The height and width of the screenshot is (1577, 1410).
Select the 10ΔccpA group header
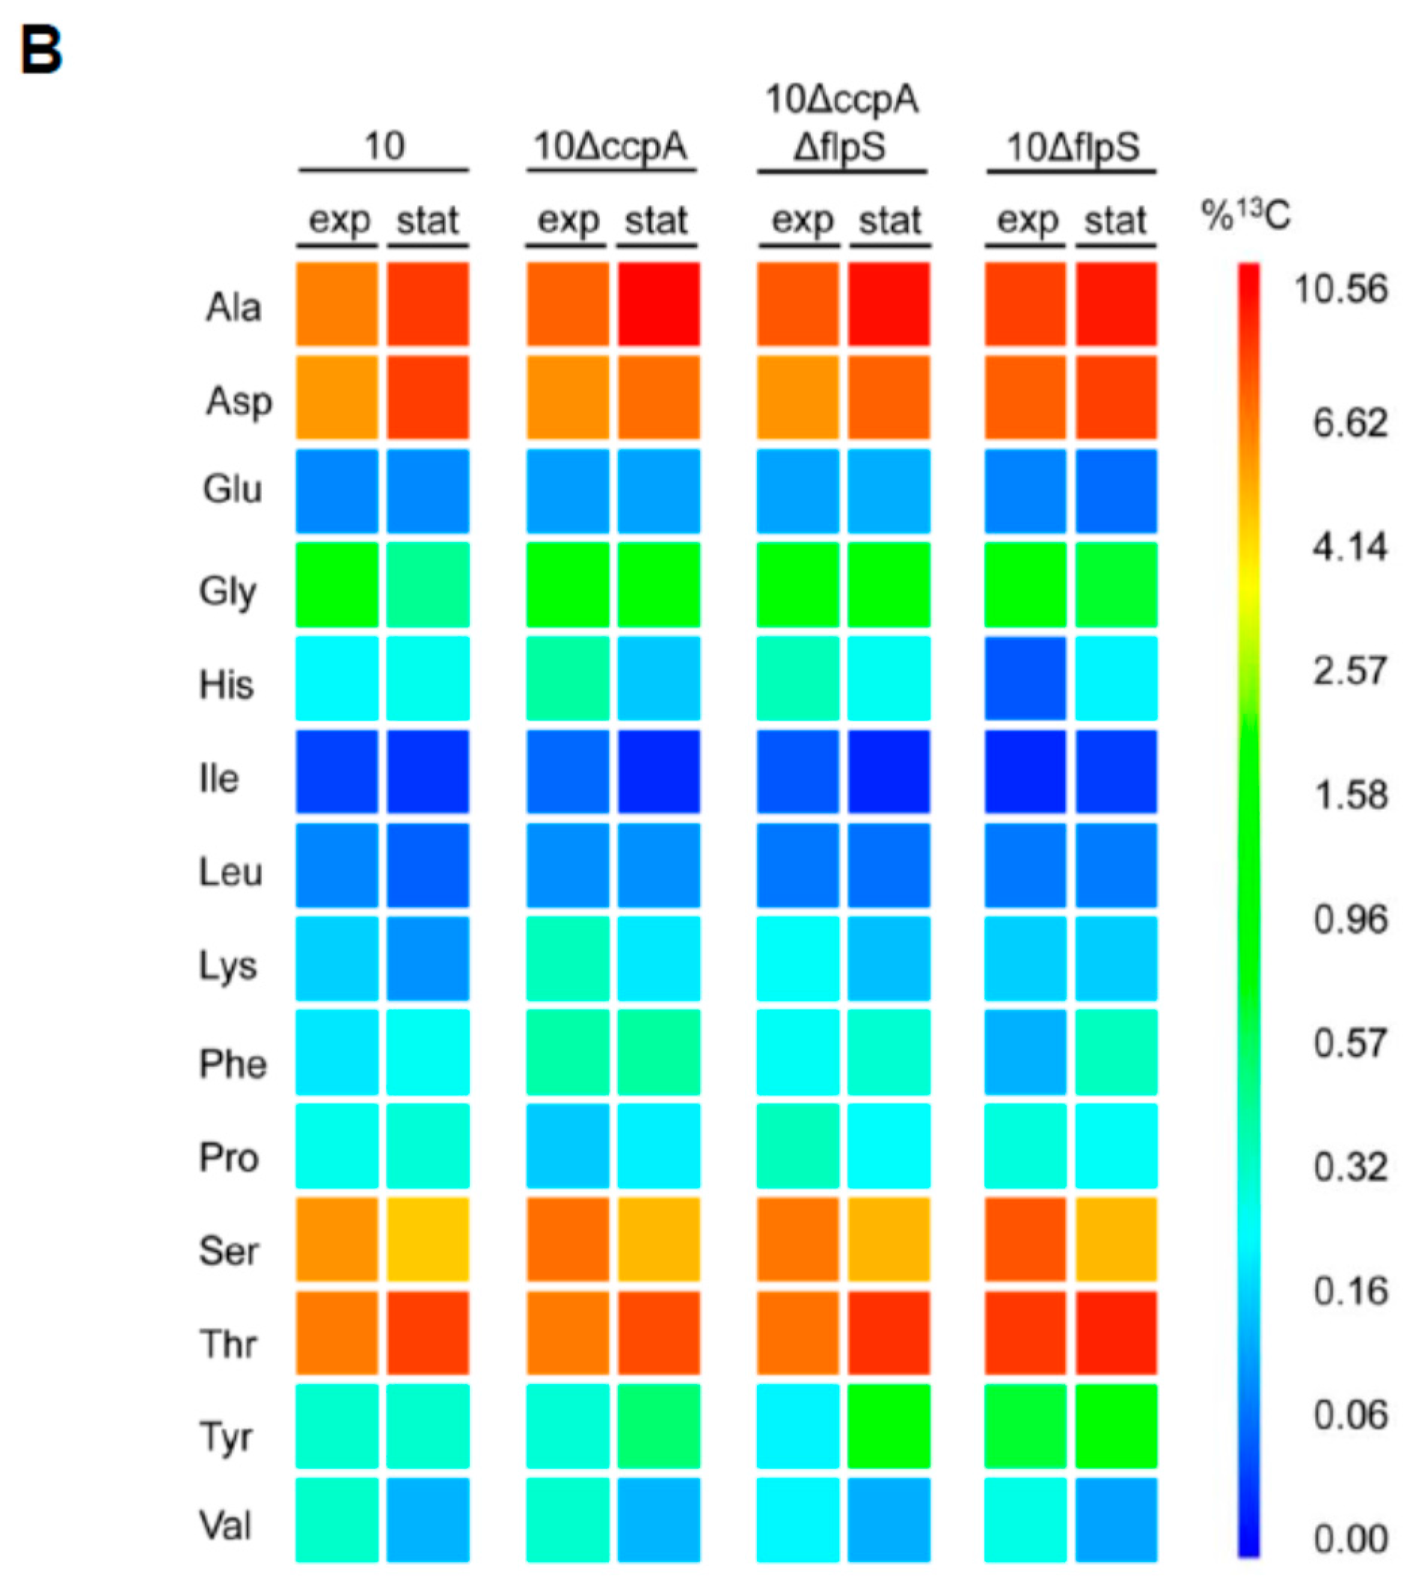click(x=610, y=147)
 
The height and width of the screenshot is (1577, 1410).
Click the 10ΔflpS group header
click(x=1072, y=147)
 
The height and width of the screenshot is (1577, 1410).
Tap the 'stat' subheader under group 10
click(x=428, y=221)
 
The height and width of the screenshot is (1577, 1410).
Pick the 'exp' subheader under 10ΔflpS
click(x=1026, y=221)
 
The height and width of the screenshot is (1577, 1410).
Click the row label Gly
click(x=227, y=591)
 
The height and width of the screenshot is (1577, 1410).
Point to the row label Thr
click(x=227, y=1343)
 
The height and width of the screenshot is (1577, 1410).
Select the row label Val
click(x=225, y=1525)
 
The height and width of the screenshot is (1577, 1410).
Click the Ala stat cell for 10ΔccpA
click(x=658, y=304)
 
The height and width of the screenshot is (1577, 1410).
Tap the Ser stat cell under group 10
click(x=428, y=1239)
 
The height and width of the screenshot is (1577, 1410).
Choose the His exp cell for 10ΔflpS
click(x=1025, y=678)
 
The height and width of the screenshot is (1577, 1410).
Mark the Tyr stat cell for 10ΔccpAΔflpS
click(x=889, y=1426)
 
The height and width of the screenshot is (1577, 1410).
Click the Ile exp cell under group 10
click(x=337, y=772)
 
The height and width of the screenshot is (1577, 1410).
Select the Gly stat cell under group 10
click(x=428, y=585)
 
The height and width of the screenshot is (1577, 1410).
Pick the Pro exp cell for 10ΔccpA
click(x=567, y=1146)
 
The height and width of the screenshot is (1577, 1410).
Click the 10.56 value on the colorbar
click(x=1340, y=289)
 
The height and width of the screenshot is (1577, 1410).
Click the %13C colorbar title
click(x=1245, y=215)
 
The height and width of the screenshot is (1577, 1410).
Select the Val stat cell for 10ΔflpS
click(x=1115, y=1519)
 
